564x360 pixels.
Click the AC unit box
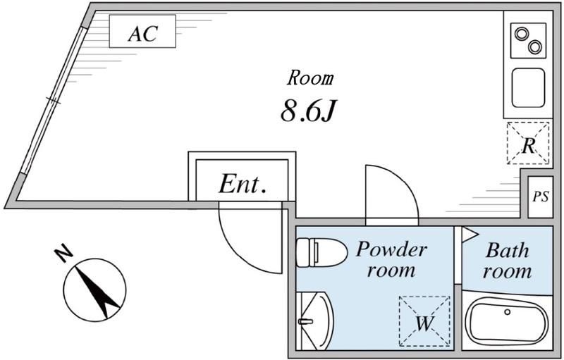(x=142, y=32)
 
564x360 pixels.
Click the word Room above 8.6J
(x=310, y=77)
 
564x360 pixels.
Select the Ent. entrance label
(x=242, y=185)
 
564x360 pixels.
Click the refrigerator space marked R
(x=527, y=144)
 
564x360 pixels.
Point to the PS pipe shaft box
(x=541, y=196)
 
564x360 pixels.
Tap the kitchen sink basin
(x=527, y=87)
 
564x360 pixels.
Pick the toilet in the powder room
(x=319, y=252)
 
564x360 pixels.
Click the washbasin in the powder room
(x=313, y=321)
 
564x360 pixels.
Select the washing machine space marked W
(x=424, y=321)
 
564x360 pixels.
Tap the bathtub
(x=507, y=323)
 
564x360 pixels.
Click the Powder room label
(x=391, y=259)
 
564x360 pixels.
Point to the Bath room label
(x=507, y=260)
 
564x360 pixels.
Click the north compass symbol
(x=95, y=288)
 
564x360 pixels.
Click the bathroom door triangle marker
(x=470, y=235)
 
